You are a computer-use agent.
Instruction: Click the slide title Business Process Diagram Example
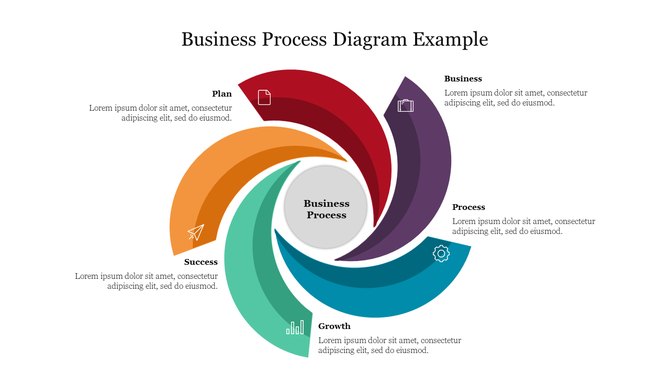[335, 40]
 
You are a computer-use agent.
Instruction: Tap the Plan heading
[222, 94]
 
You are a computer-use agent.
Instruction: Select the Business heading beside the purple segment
[463, 78]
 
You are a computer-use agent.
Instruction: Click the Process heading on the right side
[468, 207]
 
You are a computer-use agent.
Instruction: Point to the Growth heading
[334, 326]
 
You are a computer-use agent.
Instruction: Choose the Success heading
[201, 262]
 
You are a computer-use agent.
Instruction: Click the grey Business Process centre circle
[326, 208]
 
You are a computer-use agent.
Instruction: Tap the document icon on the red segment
[264, 97]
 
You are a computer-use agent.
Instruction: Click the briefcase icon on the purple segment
[405, 105]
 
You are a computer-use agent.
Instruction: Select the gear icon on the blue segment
[440, 254]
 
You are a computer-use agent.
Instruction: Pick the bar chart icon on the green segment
[295, 327]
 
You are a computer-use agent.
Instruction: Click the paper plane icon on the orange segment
[195, 233]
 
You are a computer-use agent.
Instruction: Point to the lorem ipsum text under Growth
[390, 345]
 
